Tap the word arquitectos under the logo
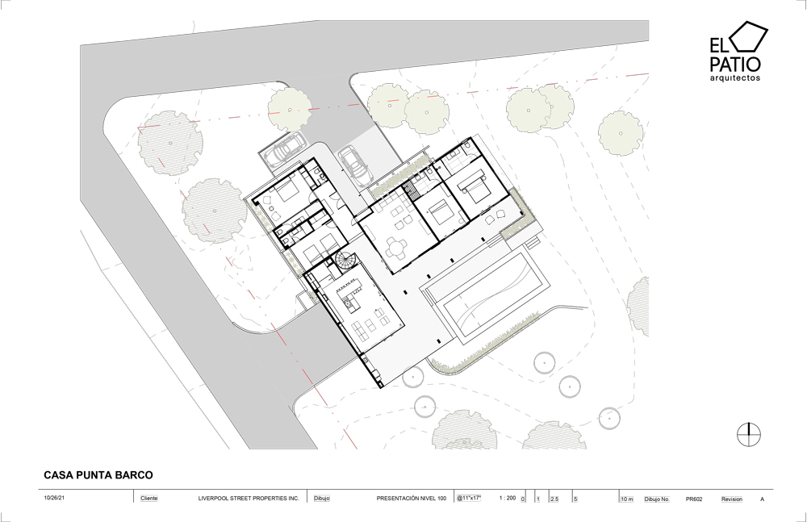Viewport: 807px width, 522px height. point(735,78)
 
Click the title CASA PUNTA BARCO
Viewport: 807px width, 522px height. point(98,475)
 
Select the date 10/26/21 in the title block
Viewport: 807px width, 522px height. point(55,499)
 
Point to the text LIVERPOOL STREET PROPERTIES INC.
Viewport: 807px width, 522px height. point(249,499)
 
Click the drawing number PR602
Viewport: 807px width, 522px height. point(694,499)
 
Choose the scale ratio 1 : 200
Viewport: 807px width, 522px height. point(508,498)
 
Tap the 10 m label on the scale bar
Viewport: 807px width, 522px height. point(627,499)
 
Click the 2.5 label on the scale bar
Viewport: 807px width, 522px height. point(554,499)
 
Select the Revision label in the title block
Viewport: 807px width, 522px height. point(732,499)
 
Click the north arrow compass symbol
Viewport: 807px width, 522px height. point(749,435)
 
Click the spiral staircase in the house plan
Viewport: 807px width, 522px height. point(345,261)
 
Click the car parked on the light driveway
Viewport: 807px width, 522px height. point(356,165)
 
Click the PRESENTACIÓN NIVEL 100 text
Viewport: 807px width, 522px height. point(412,499)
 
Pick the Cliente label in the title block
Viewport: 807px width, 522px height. point(149,499)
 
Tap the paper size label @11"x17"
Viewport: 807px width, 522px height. point(468,498)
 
